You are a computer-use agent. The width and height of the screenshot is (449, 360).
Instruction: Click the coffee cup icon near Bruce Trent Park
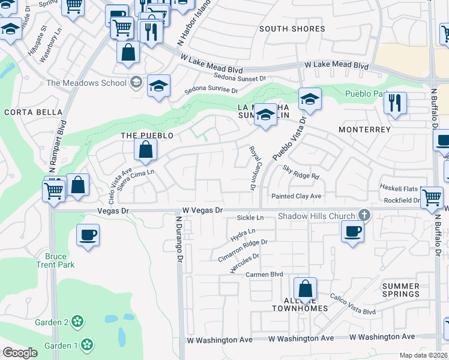click(88, 234)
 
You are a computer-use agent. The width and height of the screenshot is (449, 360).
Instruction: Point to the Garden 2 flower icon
click(77, 322)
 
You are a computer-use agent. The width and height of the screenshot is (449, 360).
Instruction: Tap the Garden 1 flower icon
click(88, 345)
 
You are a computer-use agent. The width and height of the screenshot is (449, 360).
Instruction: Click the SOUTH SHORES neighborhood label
click(292, 29)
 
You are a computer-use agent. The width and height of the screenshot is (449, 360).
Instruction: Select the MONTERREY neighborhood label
click(364, 130)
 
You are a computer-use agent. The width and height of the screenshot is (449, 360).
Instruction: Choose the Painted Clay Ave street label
click(296, 196)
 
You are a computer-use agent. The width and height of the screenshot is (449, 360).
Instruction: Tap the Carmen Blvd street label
click(264, 274)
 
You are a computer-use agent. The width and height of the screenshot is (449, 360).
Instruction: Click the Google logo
click(20, 352)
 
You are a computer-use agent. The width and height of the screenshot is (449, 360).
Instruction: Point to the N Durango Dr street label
click(178, 240)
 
